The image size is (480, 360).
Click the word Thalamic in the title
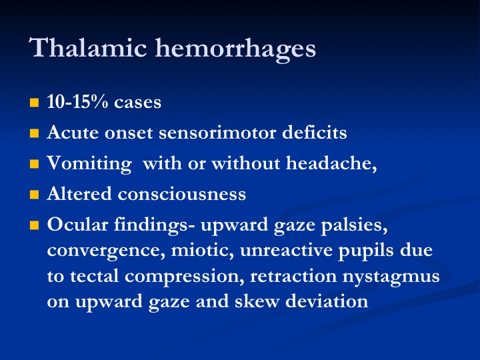click(88, 47)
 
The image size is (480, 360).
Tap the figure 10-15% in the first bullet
click(77, 101)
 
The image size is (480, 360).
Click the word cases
click(137, 103)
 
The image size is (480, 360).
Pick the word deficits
click(315, 132)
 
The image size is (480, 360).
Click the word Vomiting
click(89, 164)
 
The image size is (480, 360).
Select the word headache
click(331, 163)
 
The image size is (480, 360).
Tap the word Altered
click(79, 194)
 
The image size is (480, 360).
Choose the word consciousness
click(182, 195)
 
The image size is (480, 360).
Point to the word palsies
click(354, 226)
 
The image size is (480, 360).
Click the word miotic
click(203, 251)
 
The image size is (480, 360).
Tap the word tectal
click(94, 276)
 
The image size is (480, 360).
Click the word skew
click(257, 301)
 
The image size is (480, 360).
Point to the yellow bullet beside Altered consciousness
click(34, 195)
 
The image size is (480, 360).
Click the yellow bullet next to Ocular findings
click(34, 225)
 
